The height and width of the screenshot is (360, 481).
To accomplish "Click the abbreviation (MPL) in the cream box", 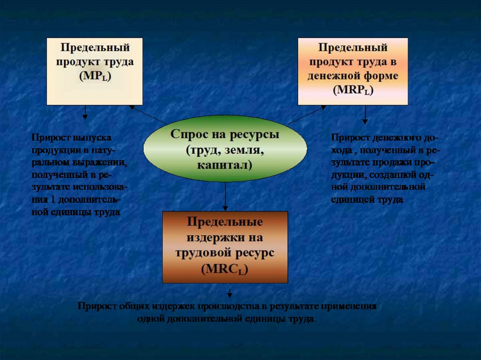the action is (x=95, y=77).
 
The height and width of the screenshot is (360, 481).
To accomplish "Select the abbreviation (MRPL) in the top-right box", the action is (x=353, y=91).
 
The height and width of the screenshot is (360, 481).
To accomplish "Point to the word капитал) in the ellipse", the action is (x=225, y=165).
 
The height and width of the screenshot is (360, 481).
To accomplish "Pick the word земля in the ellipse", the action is (x=238, y=150).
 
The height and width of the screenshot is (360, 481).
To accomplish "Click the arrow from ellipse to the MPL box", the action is (x=148, y=115).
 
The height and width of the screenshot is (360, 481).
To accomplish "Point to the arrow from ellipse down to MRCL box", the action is (x=225, y=196).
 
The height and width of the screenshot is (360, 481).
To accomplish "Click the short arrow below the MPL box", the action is (x=85, y=112).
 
